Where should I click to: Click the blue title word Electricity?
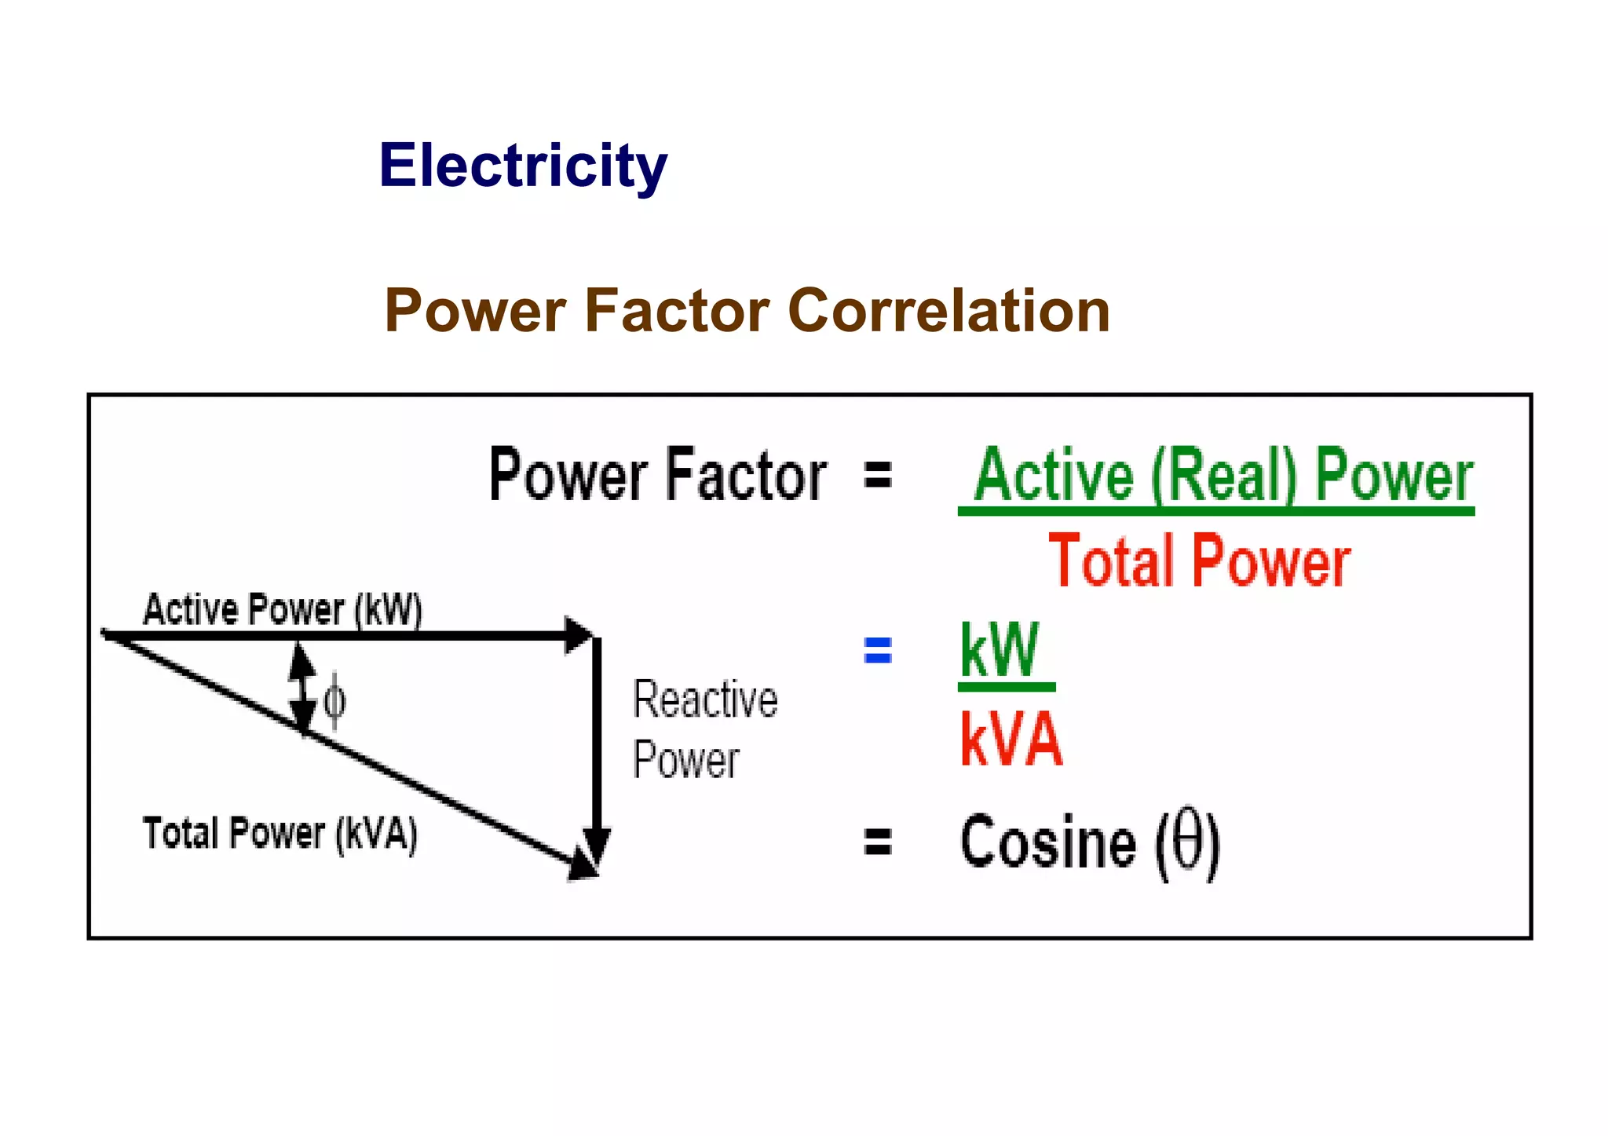tap(523, 166)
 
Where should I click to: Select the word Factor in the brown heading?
tap(677, 311)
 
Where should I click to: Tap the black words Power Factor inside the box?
tap(658, 476)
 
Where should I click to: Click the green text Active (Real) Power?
tap(1223, 476)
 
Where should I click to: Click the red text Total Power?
tap(1199, 561)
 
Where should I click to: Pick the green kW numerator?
tap(1000, 650)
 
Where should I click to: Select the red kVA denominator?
tap(1011, 740)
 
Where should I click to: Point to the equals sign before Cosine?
tap(877, 842)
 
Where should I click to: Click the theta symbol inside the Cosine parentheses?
tap(1187, 840)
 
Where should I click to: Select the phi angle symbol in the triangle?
tap(334, 701)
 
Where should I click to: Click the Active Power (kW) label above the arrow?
tap(283, 610)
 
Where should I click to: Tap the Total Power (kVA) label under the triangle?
tap(280, 834)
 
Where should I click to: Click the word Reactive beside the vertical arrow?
tap(705, 700)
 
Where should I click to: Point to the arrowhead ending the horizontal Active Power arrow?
tap(579, 635)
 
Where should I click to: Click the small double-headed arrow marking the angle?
tap(301, 688)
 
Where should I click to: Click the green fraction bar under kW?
tap(1007, 687)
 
